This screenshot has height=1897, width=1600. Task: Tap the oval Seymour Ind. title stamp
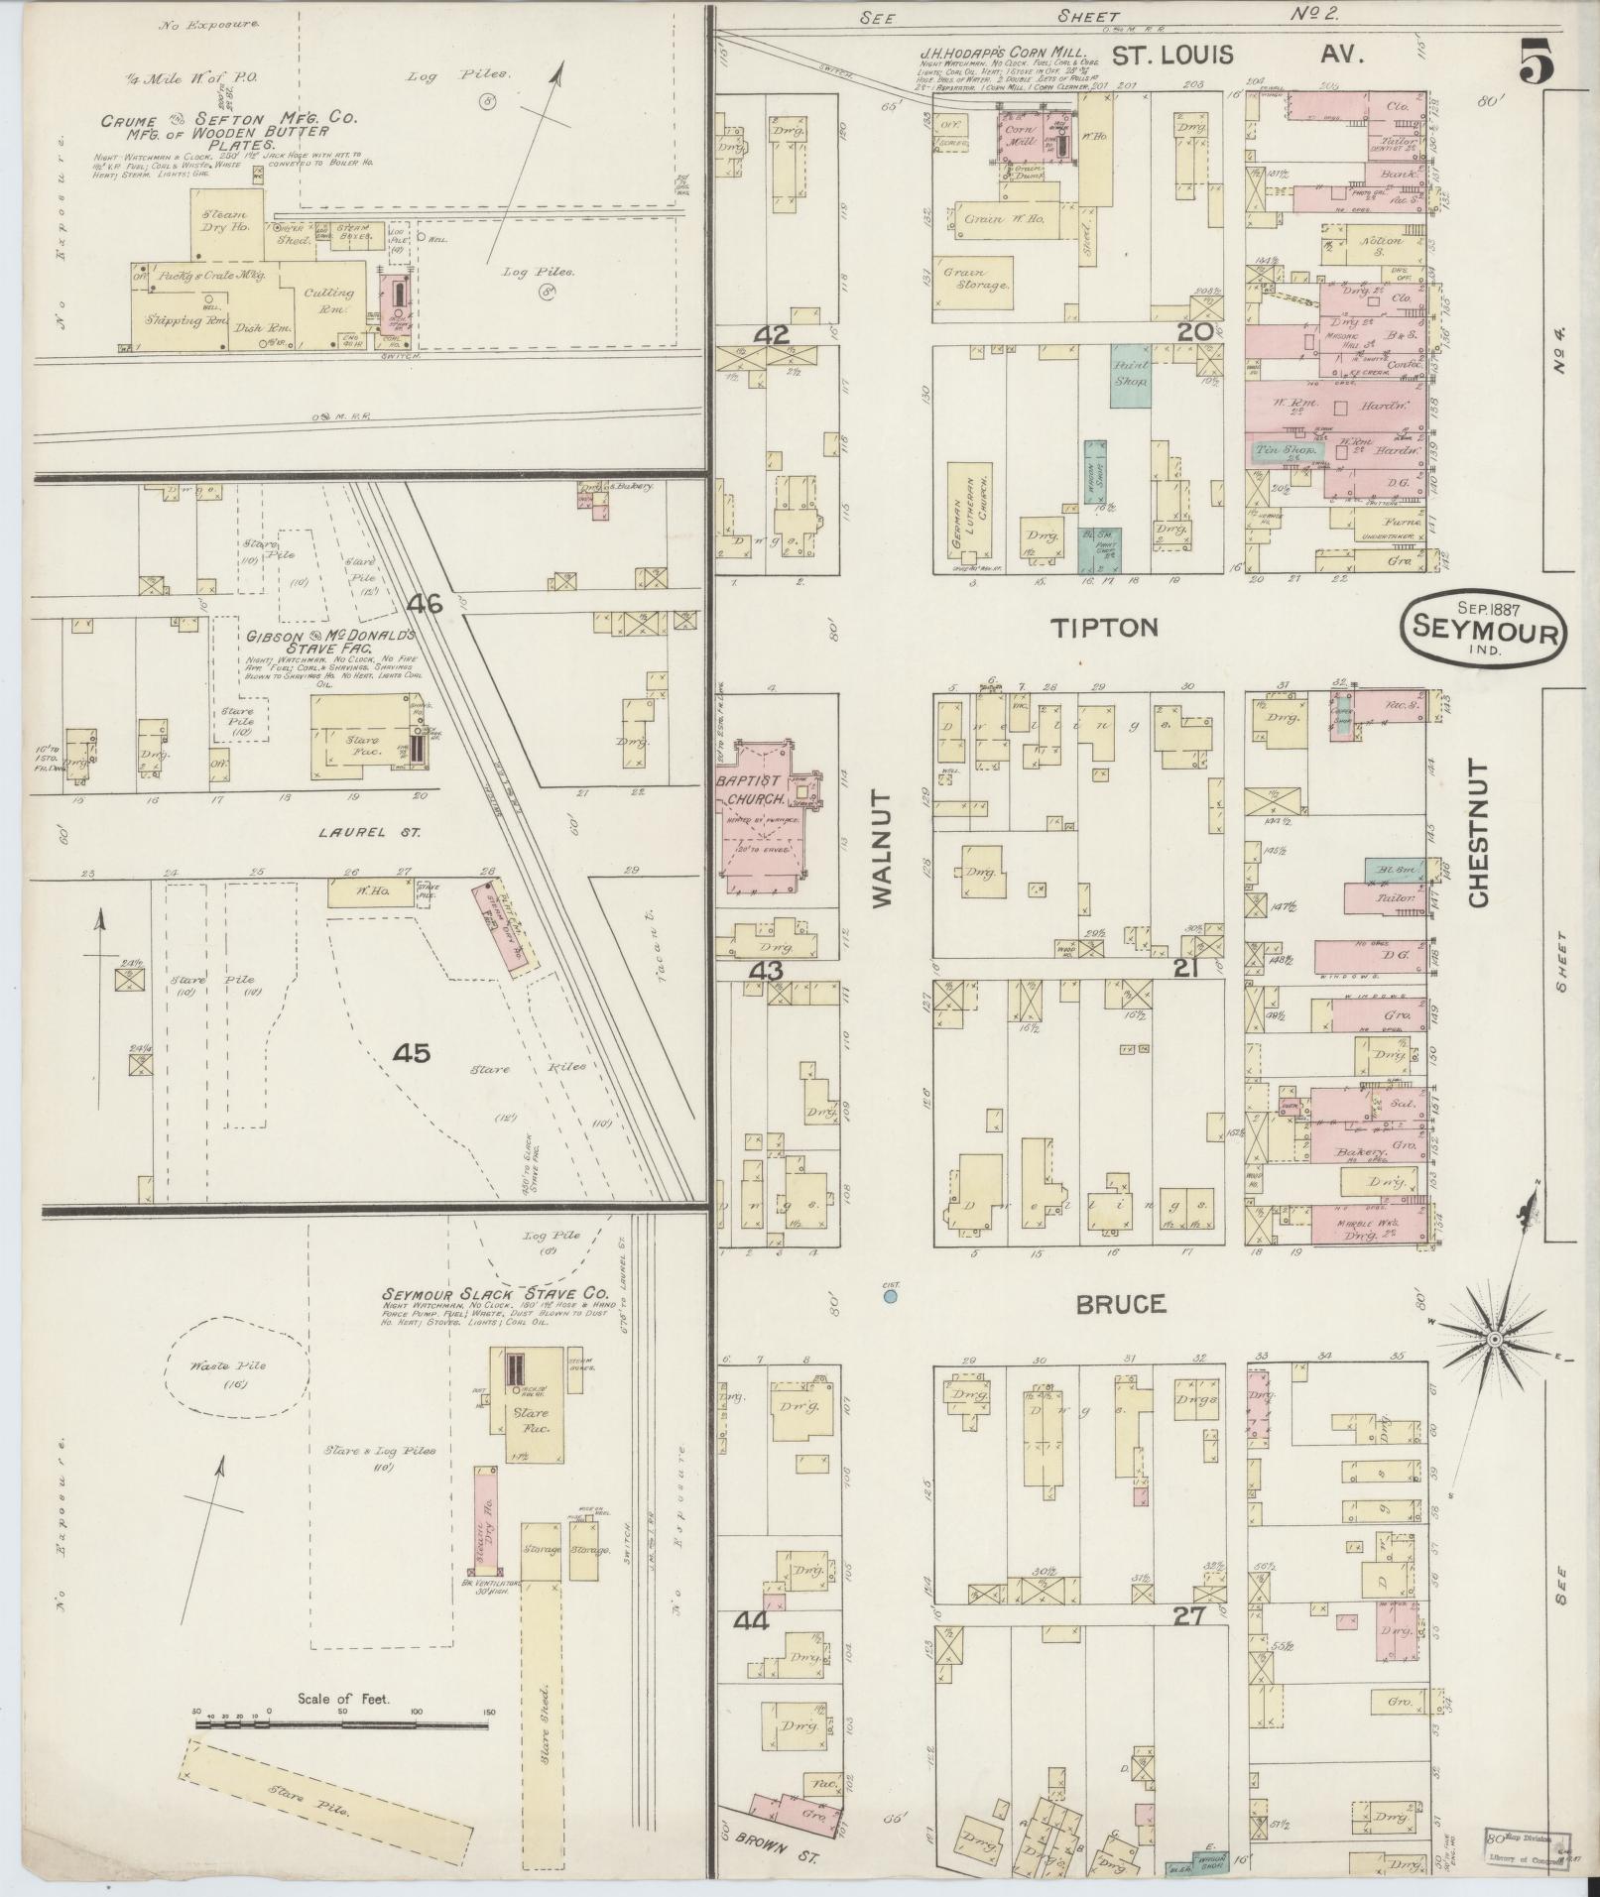(1483, 629)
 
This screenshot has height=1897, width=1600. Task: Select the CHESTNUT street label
(1478, 833)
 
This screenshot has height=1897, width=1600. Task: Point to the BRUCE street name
(1122, 1304)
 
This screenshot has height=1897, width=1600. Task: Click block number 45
(411, 1053)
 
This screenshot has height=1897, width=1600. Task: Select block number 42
(771, 335)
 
